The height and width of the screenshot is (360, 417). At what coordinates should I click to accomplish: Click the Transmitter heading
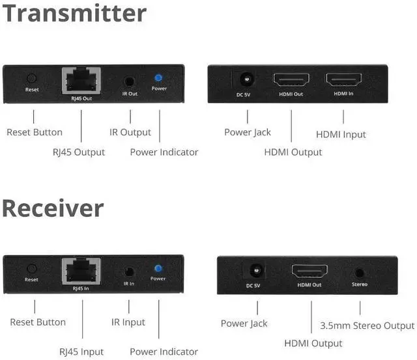pyautogui.click(x=75, y=13)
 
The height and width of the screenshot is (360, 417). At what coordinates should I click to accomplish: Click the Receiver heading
pyautogui.click(x=53, y=208)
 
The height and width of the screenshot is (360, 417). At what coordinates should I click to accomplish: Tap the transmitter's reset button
pyautogui.click(x=31, y=77)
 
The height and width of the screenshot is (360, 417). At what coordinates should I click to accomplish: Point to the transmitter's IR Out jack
pyautogui.click(x=129, y=83)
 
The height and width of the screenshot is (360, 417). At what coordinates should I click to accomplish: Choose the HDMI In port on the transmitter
pyautogui.click(x=343, y=81)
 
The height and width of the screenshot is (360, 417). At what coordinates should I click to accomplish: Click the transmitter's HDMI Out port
pyautogui.click(x=291, y=81)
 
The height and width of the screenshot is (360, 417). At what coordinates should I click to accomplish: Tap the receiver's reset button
pyautogui.click(x=31, y=268)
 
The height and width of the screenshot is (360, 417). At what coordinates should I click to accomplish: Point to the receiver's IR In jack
pyautogui.click(x=129, y=272)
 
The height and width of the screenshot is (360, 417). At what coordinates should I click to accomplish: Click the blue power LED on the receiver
pyautogui.click(x=158, y=268)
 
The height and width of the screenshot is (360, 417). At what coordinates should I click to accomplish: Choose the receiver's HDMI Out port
pyautogui.click(x=309, y=271)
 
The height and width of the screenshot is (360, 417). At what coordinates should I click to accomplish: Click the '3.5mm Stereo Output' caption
pyautogui.click(x=367, y=325)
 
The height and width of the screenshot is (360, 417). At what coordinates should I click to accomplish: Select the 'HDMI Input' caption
pyautogui.click(x=341, y=135)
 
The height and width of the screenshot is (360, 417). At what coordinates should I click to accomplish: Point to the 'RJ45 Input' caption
pyautogui.click(x=81, y=352)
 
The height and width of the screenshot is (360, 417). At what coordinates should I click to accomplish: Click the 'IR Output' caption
pyautogui.click(x=130, y=132)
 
